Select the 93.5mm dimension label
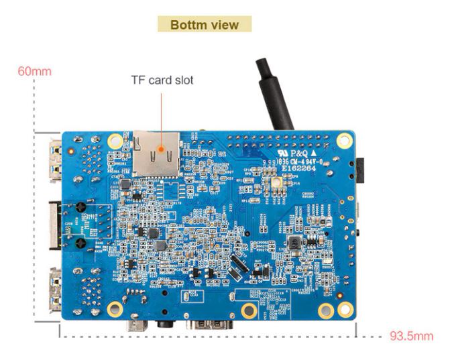click(411, 336)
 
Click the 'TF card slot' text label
click(162, 80)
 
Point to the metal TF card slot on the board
click(156, 153)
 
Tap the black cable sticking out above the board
click(275, 94)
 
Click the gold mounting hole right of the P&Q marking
click(345, 141)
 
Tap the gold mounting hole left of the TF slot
click(115, 141)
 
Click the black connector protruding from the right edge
click(362, 171)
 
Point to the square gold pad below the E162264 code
click(274, 183)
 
